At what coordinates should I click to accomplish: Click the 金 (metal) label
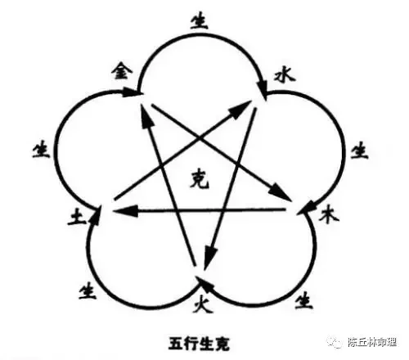(x=122, y=71)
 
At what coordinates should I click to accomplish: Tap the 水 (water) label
(x=285, y=75)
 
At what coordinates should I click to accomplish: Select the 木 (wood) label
(x=329, y=214)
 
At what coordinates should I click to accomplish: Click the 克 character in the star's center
(x=200, y=179)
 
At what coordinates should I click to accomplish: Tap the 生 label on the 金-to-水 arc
(x=200, y=21)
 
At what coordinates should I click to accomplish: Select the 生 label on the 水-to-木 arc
(x=359, y=151)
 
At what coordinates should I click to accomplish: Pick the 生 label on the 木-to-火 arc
(x=304, y=300)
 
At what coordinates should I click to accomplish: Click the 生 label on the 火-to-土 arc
(x=88, y=291)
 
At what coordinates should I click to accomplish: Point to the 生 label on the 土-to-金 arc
(x=42, y=151)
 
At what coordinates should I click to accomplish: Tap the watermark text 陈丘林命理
(x=371, y=342)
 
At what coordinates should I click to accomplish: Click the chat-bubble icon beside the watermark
(x=335, y=341)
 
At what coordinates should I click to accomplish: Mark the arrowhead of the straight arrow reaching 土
(x=126, y=211)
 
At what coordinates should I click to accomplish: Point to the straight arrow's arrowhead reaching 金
(x=145, y=118)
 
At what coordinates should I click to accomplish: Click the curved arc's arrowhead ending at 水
(x=263, y=88)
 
